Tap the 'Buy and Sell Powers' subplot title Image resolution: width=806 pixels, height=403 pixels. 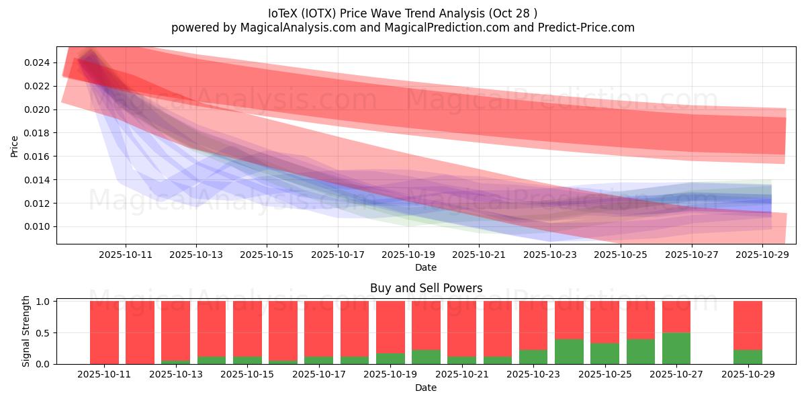[x=426, y=288]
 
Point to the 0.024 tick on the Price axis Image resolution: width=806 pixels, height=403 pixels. [x=38, y=63]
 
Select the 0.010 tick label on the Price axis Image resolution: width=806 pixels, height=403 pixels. [x=38, y=227]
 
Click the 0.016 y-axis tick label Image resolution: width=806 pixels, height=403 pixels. [x=38, y=156]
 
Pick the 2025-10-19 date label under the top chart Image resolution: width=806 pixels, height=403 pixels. [x=408, y=255]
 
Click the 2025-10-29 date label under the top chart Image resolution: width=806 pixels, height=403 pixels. [x=762, y=255]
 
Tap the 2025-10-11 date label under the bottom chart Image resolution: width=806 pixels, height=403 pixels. [x=104, y=375]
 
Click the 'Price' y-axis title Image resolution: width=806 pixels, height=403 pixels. [x=15, y=146]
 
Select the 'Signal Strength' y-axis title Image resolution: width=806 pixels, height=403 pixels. [x=26, y=331]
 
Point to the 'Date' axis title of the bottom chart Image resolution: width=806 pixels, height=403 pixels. [x=426, y=388]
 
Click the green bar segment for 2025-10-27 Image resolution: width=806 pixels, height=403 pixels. [x=676, y=349]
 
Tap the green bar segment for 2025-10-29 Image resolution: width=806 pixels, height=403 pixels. [x=748, y=357]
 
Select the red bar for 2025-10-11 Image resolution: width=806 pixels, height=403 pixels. [x=104, y=332]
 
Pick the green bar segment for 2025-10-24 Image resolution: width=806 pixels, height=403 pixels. [x=569, y=351]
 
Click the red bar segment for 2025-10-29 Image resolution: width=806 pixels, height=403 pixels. [x=748, y=326]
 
